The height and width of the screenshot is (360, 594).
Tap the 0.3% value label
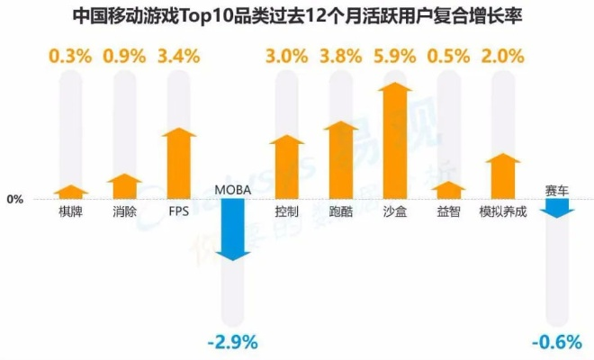click(x=71, y=56)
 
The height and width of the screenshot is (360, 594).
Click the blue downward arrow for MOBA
click(x=233, y=229)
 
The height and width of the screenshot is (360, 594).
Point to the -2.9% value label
click(x=232, y=342)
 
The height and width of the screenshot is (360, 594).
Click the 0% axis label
click(x=15, y=199)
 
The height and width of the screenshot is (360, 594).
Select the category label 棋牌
click(x=71, y=212)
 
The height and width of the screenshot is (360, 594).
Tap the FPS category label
click(x=179, y=212)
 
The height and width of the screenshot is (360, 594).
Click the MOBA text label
click(x=233, y=190)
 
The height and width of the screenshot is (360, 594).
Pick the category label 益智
click(x=448, y=212)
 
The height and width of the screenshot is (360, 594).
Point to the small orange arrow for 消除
click(x=125, y=186)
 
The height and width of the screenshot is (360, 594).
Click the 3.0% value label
click(x=286, y=56)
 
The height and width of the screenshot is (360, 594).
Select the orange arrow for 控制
click(x=286, y=166)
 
